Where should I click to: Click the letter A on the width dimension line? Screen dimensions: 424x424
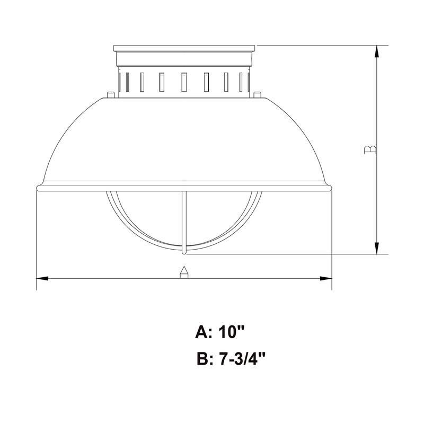(183, 272)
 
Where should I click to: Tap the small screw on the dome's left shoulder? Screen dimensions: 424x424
(110, 95)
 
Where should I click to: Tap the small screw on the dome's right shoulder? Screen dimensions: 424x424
(257, 95)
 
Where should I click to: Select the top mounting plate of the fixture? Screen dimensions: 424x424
(184, 48)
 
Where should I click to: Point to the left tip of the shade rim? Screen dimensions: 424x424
(37, 188)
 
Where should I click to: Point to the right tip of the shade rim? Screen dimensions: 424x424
(332, 188)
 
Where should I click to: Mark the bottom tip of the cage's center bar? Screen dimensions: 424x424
(184, 252)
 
